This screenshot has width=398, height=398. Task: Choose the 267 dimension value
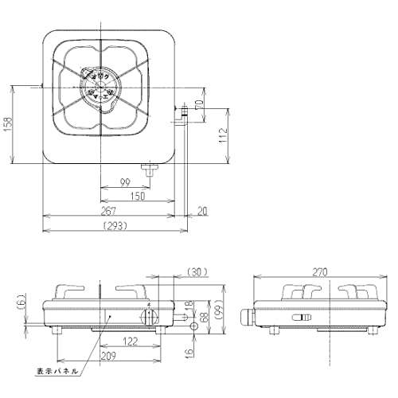point(109,211)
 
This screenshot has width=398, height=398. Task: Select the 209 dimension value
point(109,357)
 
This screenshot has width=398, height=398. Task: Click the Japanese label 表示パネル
point(57,372)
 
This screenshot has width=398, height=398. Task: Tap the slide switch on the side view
point(300,318)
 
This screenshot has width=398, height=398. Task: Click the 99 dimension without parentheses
point(124,182)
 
